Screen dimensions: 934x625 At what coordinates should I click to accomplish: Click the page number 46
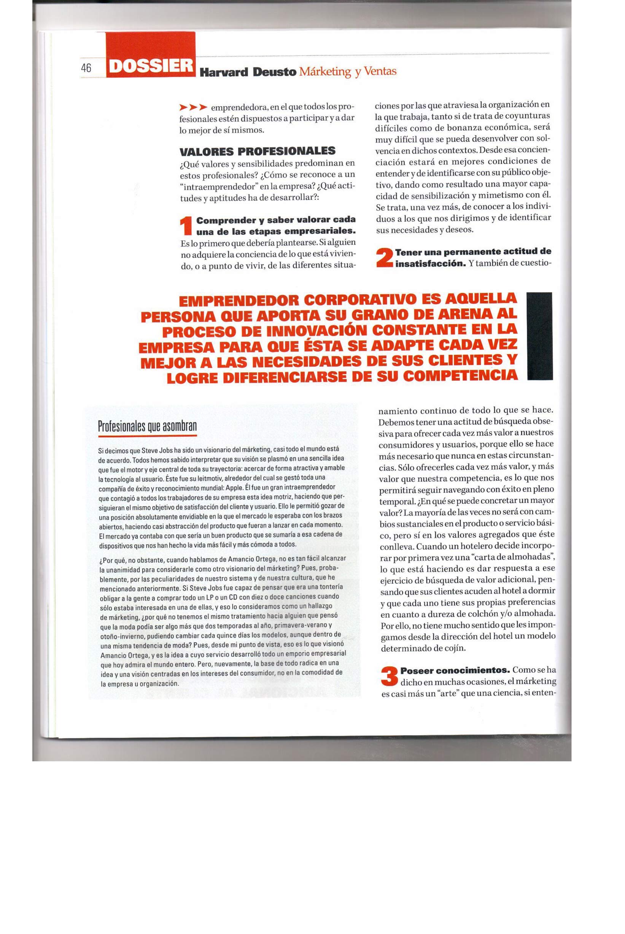click(86, 68)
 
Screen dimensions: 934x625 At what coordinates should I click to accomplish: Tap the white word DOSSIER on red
click(151, 66)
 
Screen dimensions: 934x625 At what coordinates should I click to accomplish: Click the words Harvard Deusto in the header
click(248, 72)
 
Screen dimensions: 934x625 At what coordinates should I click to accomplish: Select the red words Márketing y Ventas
click(348, 71)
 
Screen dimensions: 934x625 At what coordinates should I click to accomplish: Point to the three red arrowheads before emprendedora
click(193, 107)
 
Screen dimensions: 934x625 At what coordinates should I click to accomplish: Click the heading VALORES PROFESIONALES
click(257, 151)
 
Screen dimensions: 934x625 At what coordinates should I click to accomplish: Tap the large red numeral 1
click(186, 226)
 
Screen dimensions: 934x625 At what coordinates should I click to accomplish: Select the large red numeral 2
click(385, 258)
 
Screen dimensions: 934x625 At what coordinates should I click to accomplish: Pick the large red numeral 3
click(390, 677)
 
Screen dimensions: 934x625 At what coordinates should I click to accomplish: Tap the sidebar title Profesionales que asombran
click(148, 426)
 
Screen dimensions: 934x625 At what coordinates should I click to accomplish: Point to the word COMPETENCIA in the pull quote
click(460, 376)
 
